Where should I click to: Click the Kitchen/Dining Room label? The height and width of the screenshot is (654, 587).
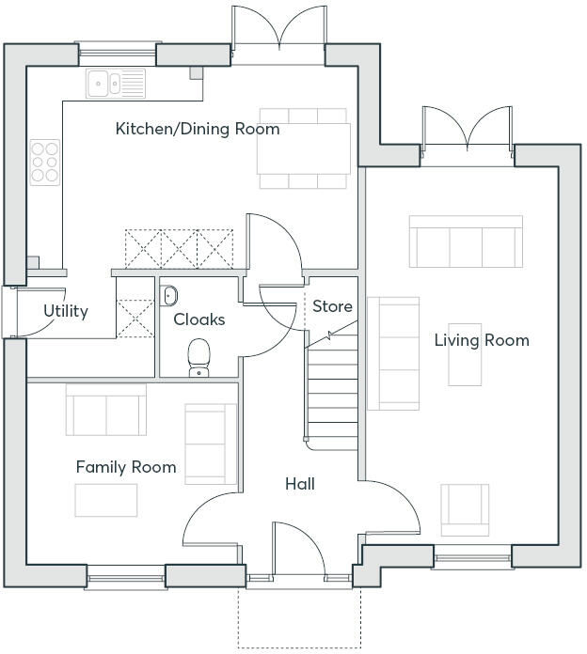pyautogui.click(x=198, y=129)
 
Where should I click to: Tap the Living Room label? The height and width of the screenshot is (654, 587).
pyautogui.click(x=482, y=340)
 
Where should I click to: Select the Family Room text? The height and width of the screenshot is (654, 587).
pyautogui.click(x=126, y=467)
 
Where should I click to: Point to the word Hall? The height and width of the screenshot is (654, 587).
pyautogui.click(x=300, y=484)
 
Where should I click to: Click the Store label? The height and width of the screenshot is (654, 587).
pyautogui.click(x=332, y=306)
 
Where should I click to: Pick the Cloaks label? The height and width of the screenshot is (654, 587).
pyautogui.click(x=199, y=319)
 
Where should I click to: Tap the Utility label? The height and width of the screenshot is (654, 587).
pyautogui.click(x=66, y=311)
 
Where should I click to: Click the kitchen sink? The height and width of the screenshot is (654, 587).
pyautogui.click(x=116, y=84)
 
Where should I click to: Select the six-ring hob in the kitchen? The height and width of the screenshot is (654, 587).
pyautogui.click(x=45, y=162)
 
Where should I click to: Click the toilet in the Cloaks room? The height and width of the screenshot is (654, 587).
pyautogui.click(x=198, y=358)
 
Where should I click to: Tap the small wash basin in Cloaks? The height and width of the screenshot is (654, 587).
pyautogui.click(x=168, y=296)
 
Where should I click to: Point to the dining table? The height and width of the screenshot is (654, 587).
pyautogui.click(x=304, y=148)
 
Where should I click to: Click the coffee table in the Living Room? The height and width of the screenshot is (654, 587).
pyautogui.click(x=465, y=354)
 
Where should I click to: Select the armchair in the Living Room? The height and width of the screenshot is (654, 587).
pyautogui.click(x=465, y=510)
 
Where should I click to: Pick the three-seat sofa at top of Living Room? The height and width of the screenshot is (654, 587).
pyautogui.click(x=466, y=241)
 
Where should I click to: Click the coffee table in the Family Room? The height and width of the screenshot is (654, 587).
pyautogui.click(x=106, y=500)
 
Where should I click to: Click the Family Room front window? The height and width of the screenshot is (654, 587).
pyautogui.click(x=126, y=578)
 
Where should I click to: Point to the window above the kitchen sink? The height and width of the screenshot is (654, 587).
pyautogui.click(x=118, y=54)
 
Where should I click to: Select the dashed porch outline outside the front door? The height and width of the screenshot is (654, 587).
pyautogui.click(x=299, y=617)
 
